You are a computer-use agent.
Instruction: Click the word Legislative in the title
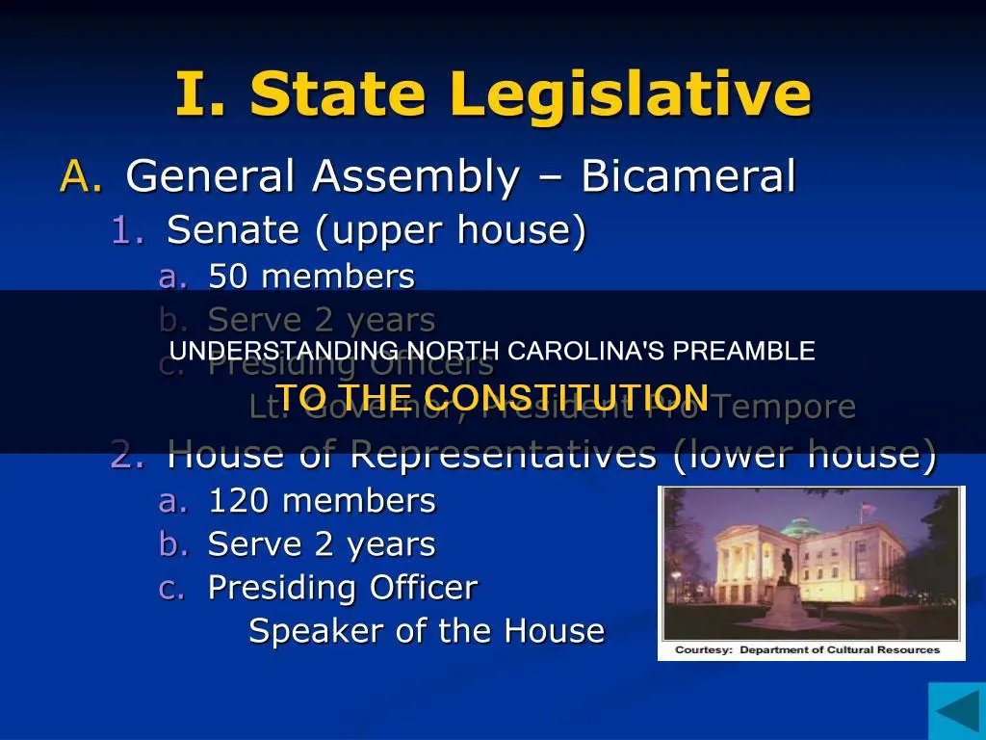(x=631, y=94)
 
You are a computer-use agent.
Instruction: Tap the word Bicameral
(x=688, y=176)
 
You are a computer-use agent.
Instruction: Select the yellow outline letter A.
(x=75, y=176)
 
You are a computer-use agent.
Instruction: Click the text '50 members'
(x=311, y=277)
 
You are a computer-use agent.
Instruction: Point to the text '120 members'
(x=322, y=501)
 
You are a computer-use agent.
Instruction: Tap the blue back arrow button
(x=956, y=711)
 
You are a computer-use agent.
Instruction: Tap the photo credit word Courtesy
(x=703, y=650)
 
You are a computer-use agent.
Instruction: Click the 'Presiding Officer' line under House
(x=343, y=587)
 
